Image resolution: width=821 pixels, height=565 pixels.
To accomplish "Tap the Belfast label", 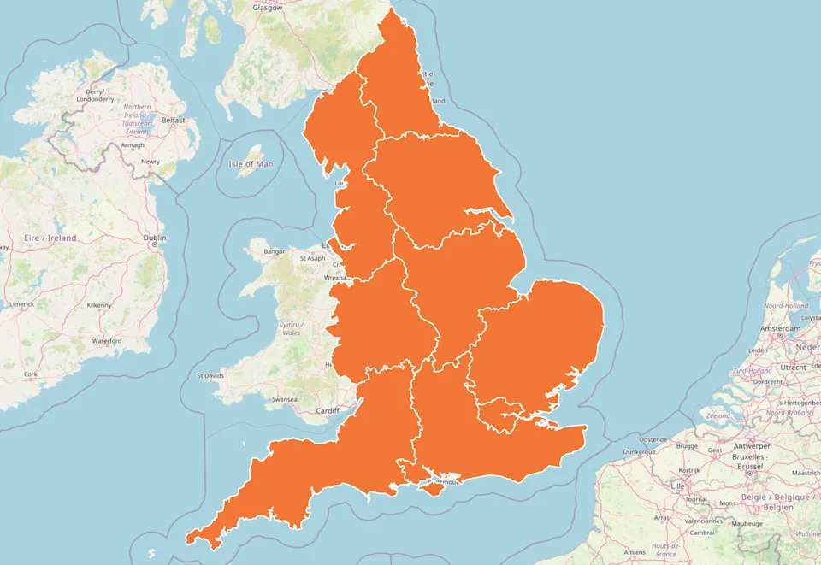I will click(174, 121).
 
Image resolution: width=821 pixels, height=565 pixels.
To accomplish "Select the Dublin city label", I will click(155, 238).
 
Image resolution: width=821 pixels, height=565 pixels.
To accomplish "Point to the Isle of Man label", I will click(251, 163).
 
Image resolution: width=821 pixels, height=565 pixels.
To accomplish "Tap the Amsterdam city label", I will click(780, 328).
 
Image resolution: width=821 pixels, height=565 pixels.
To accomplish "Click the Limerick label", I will click(21, 304).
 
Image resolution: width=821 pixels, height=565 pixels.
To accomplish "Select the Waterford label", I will click(107, 341).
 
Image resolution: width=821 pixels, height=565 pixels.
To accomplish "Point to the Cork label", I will click(31, 374).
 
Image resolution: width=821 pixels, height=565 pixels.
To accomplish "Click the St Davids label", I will click(210, 375).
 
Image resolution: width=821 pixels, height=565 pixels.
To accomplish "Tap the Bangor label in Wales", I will click(275, 252).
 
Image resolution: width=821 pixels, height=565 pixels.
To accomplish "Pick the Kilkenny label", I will click(99, 305).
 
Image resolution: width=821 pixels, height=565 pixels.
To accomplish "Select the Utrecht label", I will click(793, 367).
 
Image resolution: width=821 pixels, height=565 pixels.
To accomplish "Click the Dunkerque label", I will click(640, 450).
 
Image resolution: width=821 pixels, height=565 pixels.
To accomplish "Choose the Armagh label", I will click(133, 145).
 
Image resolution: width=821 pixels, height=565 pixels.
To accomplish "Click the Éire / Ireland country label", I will click(50, 238).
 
